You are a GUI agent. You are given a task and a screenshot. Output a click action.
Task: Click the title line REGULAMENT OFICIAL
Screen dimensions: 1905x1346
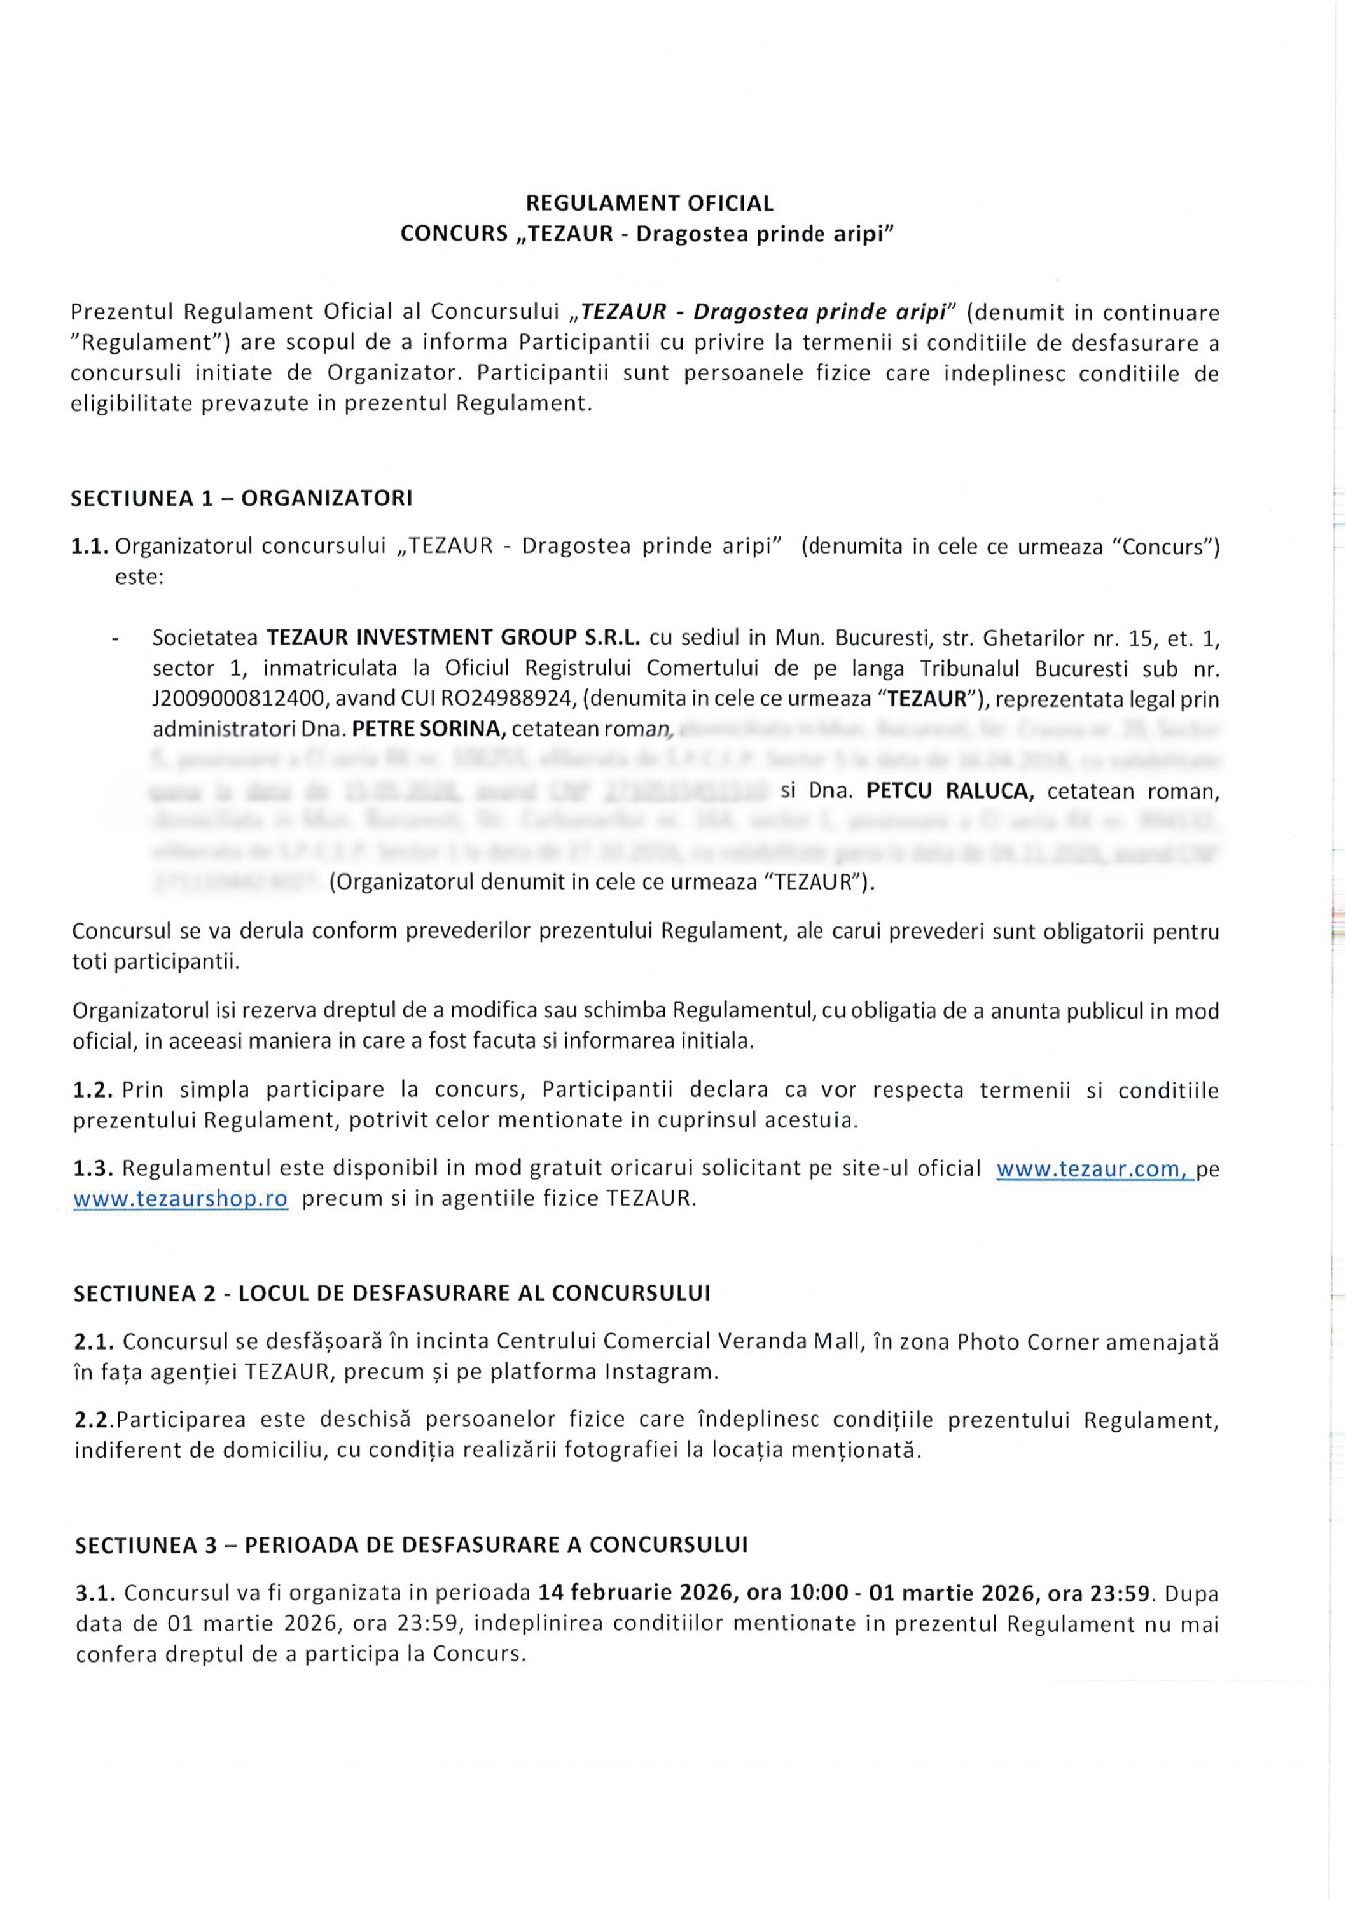click(x=649, y=203)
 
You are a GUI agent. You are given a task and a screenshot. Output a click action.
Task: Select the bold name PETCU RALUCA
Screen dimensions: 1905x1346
click(x=950, y=791)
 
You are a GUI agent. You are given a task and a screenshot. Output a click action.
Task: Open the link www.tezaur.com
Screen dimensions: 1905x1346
click(x=1092, y=1169)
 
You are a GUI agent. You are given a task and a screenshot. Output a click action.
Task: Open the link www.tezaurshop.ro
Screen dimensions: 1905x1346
click(x=181, y=1199)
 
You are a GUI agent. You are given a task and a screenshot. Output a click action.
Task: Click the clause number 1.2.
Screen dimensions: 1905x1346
click(x=93, y=1090)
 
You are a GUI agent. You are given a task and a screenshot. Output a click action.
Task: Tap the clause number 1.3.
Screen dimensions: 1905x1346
click(x=93, y=1169)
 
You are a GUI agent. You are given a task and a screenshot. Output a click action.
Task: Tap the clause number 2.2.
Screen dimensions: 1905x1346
click(x=93, y=1420)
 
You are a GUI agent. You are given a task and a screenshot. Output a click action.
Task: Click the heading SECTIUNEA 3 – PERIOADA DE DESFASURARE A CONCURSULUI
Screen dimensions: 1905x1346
click(x=412, y=1545)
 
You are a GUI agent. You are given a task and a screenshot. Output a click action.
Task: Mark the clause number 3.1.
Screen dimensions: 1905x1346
click(x=95, y=1594)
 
